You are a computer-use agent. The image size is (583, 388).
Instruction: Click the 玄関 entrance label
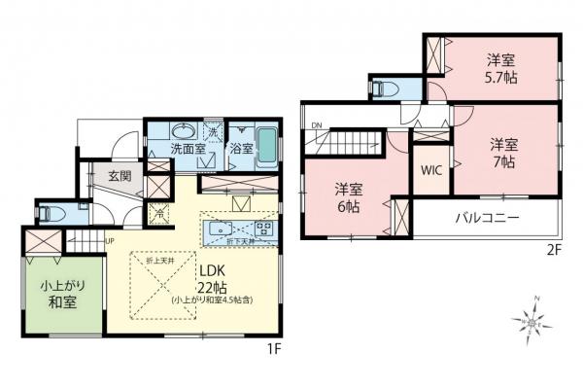point(120,176)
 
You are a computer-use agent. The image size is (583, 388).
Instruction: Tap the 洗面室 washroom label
point(187,150)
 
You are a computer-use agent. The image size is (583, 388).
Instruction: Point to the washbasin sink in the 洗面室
point(182,131)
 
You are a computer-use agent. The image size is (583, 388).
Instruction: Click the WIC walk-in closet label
point(431,169)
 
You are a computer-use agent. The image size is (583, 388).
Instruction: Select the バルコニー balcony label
point(487,217)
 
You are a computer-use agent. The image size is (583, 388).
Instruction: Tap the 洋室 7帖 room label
point(503,152)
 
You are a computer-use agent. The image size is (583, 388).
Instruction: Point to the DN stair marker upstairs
point(317,125)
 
